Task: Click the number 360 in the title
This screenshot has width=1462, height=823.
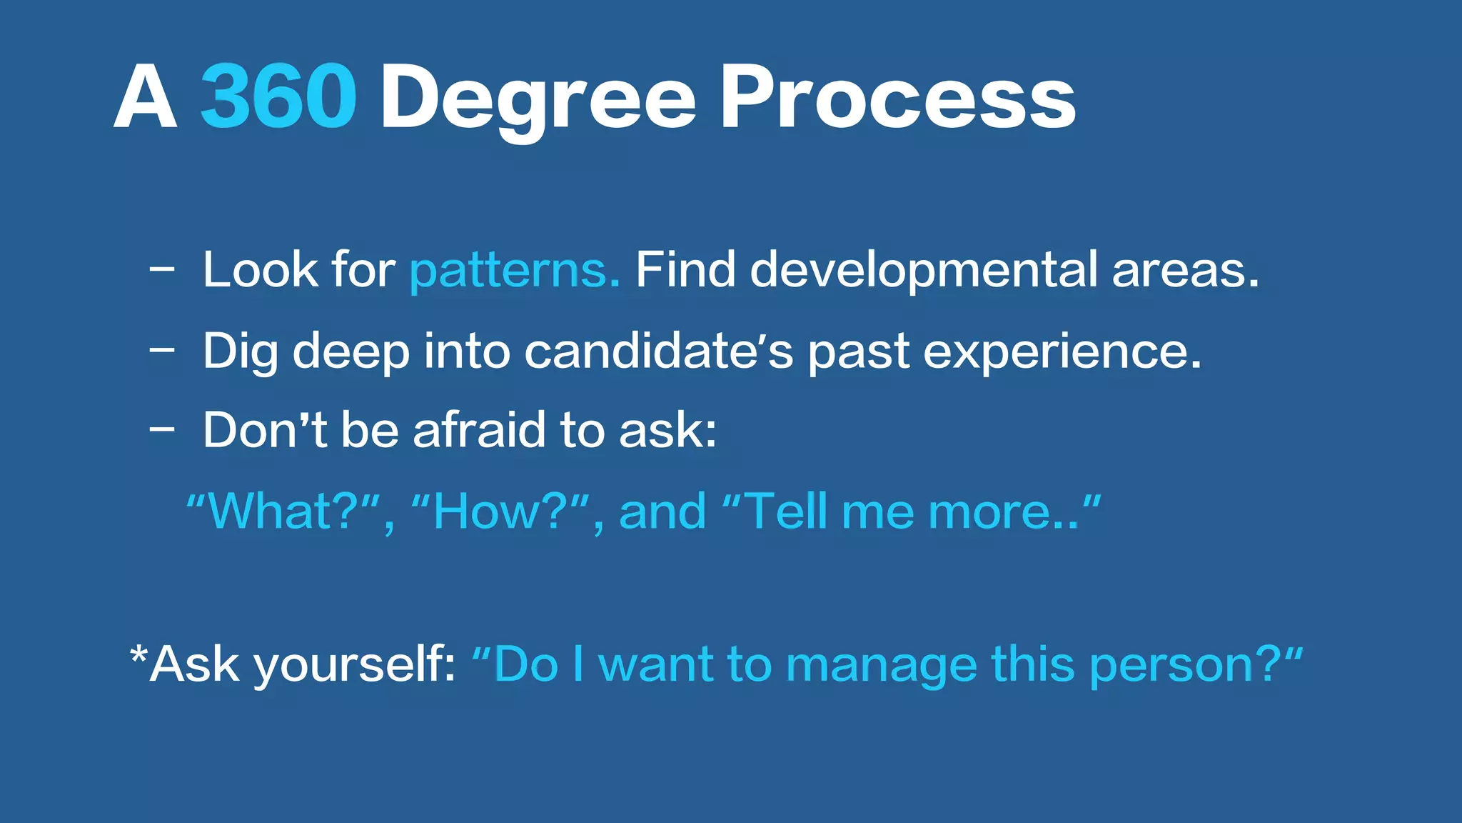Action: point(278,96)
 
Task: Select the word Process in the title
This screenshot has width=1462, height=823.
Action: point(897,96)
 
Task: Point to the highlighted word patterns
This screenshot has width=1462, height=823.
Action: point(514,271)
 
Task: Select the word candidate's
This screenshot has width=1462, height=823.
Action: point(658,351)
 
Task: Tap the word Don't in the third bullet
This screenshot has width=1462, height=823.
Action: point(265,431)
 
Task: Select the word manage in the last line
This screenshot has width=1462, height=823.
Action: point(881,665)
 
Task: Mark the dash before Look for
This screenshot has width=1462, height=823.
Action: point(162,270)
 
